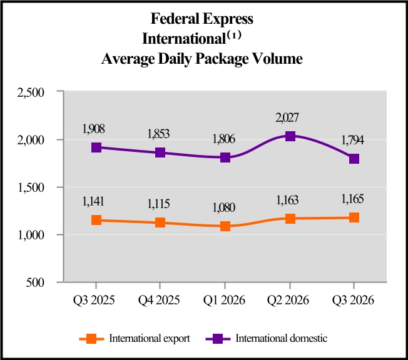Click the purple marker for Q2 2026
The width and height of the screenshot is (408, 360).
290,136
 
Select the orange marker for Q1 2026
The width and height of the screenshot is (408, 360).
225,226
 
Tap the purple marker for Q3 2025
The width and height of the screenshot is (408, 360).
97,147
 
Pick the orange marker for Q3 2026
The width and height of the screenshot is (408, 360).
354,217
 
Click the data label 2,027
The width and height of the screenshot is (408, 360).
289,117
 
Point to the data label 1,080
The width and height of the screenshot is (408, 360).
225,207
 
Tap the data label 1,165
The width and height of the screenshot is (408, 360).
354,199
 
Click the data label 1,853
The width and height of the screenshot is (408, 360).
160,134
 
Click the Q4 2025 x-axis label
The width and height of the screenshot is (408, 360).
160,299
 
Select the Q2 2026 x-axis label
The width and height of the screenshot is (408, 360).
289,299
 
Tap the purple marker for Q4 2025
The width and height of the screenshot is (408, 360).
161,152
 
